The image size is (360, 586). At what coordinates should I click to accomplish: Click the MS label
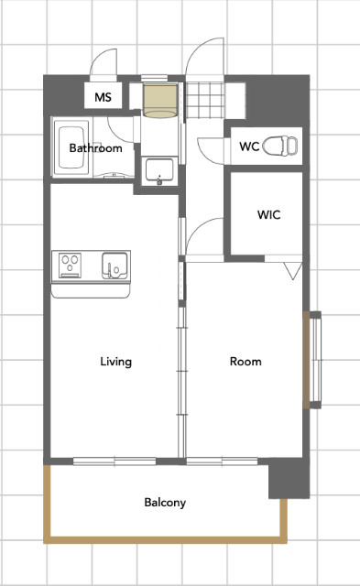103,97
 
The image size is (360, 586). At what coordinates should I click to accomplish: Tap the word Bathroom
95,148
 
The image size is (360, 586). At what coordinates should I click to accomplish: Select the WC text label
249,146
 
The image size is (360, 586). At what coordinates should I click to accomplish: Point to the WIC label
268,214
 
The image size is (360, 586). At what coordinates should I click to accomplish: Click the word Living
116,362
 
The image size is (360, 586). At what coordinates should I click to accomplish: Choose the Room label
245,362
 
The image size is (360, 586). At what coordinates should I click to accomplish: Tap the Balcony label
165,503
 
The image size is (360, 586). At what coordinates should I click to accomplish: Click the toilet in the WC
280,146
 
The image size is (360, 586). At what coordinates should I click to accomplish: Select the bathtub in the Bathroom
71,147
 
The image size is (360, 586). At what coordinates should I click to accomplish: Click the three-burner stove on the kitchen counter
71,265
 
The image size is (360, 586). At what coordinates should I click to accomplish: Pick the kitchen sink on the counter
115,266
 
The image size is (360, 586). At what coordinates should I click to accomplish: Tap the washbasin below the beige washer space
159,171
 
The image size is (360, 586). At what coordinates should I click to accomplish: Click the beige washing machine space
160,101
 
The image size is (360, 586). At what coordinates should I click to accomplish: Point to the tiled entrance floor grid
205,100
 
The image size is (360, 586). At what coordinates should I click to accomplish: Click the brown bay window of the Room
306,360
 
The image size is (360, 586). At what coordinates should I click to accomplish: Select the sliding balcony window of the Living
115,461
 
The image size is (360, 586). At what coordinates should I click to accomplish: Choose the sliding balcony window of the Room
222,461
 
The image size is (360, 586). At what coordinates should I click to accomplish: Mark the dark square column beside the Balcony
289,479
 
